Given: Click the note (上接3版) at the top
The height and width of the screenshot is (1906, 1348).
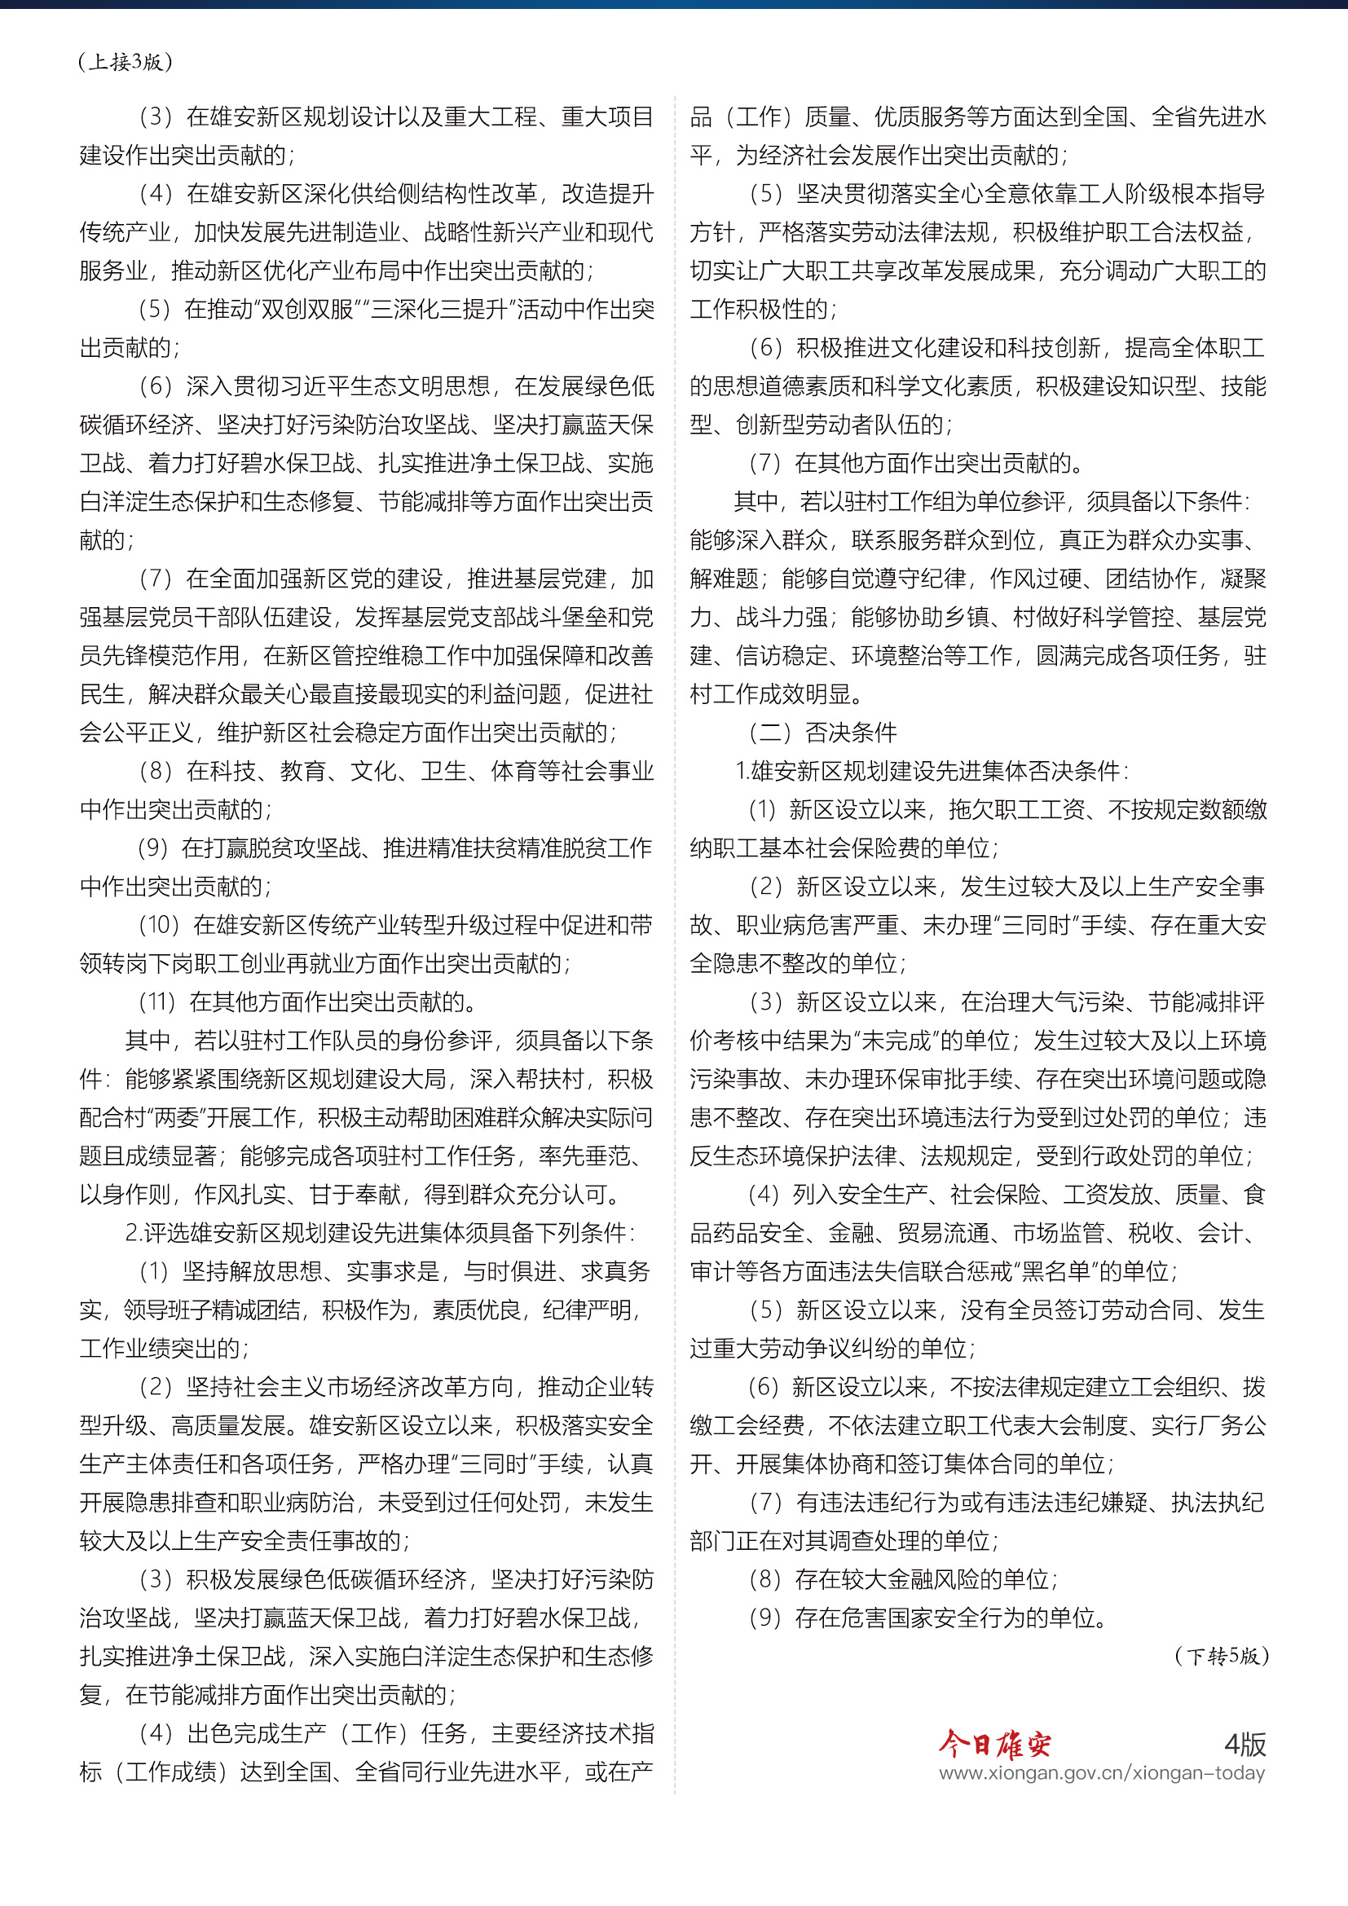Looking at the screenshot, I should [x=126, y=62].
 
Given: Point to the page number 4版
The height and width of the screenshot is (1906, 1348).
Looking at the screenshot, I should [x=1245, y=1744].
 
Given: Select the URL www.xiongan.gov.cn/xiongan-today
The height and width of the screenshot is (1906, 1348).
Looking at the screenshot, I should [x=1102, y=1772].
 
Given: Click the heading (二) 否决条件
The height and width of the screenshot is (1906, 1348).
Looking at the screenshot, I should [x=822, y=733].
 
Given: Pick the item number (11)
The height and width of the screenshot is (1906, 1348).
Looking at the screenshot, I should [x=158, y=1002].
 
